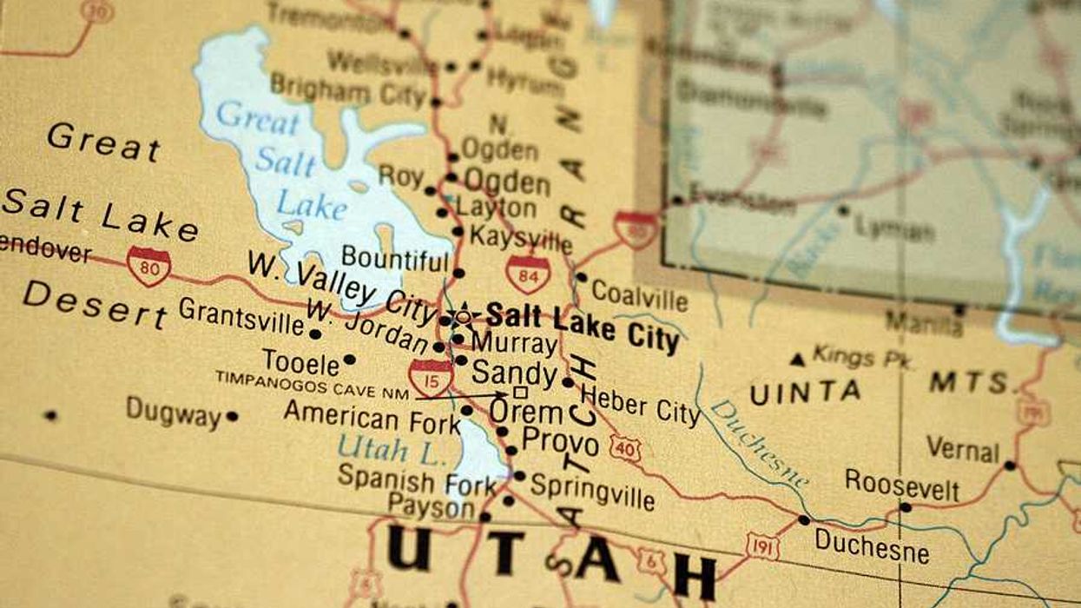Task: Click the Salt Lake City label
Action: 582,326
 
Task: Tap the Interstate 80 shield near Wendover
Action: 148,267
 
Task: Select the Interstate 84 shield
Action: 528,274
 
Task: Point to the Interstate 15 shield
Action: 431,377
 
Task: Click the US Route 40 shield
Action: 625,448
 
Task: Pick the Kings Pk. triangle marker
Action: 796,359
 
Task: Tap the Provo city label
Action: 560,442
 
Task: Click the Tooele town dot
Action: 349,359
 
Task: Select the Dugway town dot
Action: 232,416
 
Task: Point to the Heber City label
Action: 640,405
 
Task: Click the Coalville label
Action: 640,296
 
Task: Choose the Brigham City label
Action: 347,89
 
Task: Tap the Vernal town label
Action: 962,449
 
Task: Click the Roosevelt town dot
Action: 906,507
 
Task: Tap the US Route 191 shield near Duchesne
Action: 762,546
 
